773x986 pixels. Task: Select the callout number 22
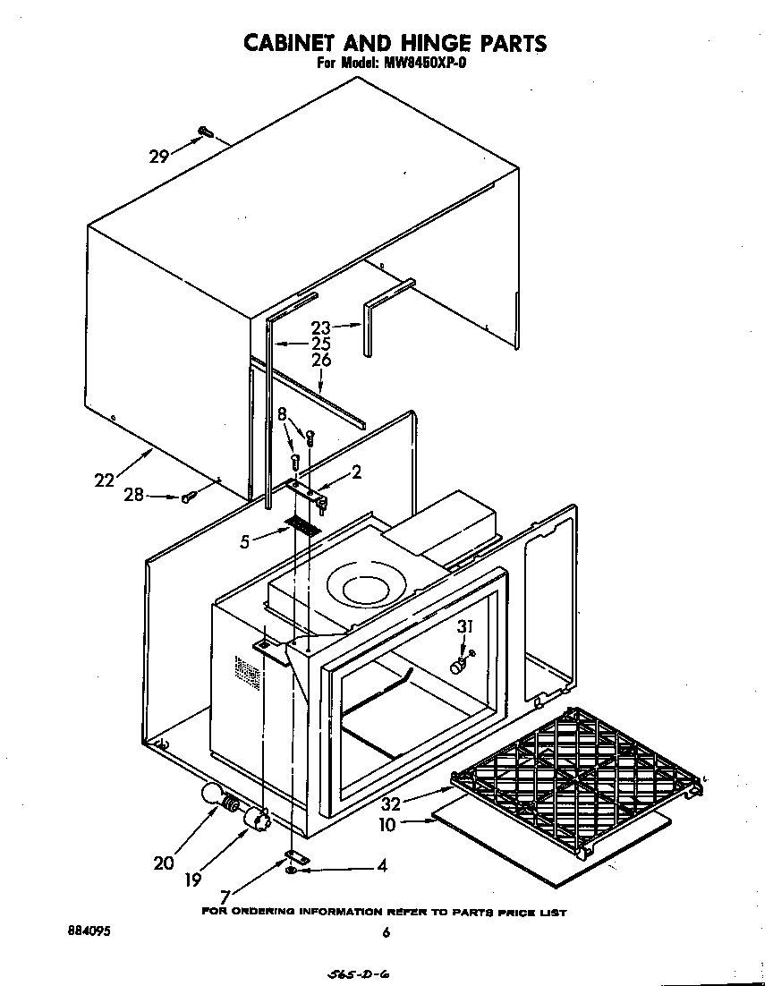[105, 480]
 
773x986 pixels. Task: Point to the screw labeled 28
[188, 497]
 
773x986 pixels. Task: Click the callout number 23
[321, 327]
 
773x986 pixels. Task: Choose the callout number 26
[321, 360]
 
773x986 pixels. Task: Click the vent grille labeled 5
[302, 526]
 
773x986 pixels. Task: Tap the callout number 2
[356, 472]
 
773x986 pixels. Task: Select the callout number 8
[284, 415]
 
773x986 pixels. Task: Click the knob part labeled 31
[460, 666]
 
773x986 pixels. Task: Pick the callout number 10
[387, 824]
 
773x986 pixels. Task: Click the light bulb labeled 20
[213, 794]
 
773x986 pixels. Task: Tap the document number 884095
[89, 931]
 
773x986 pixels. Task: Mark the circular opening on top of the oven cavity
[364, 589]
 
